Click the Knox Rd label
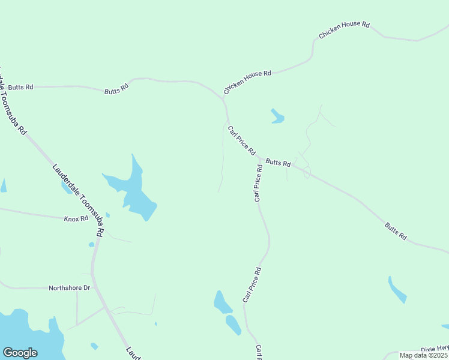[76, 218]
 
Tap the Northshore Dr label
[69, 288]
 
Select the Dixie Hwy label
[434, 348]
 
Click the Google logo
[20, 353]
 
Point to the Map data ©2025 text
[423, 355]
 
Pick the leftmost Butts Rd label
[20, 87]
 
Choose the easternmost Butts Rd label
[396, 232]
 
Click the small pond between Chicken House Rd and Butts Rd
[277, 116]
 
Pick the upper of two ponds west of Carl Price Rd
[222, 302]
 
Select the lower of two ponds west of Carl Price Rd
[234, 325]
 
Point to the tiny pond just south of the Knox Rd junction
[91, 244]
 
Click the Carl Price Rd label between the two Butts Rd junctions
[242, 140]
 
